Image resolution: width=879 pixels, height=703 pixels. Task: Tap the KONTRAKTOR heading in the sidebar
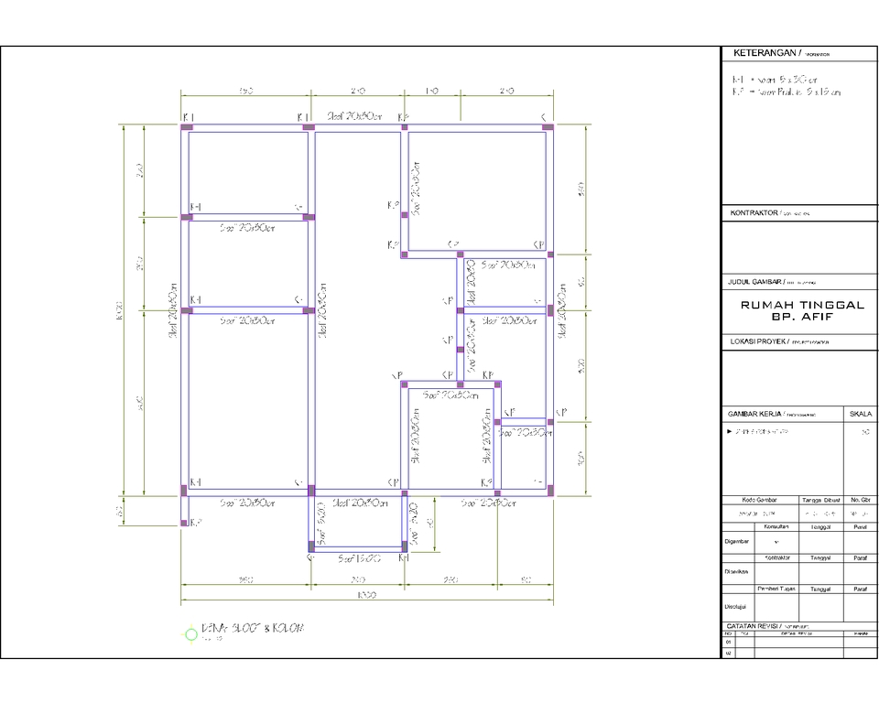click(x=754, y=212)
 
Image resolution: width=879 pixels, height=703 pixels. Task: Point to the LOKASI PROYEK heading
click(x=756, y=341)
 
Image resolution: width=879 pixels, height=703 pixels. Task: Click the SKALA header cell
click(x=861, y=413)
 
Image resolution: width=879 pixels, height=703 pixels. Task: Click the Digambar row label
click(x=737, y=540)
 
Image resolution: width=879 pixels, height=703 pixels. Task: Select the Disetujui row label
click(x=737, y=605)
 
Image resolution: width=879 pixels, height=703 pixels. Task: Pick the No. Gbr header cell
click(x=860, y=501)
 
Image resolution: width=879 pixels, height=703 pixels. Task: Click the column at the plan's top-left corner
click(x=186, y=127)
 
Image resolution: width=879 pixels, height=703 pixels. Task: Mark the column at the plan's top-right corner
click(x=548, y=127)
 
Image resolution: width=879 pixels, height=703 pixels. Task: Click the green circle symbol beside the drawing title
click(x=190, y=633)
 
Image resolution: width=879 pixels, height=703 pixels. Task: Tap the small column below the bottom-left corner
click(x=184, y=523)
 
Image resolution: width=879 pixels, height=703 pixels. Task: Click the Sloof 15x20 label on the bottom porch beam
click(x=357, y=557)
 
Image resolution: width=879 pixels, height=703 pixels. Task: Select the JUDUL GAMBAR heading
click(x=756, y=282)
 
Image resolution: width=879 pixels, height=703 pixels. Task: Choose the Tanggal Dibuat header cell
click(x=820, y=501)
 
